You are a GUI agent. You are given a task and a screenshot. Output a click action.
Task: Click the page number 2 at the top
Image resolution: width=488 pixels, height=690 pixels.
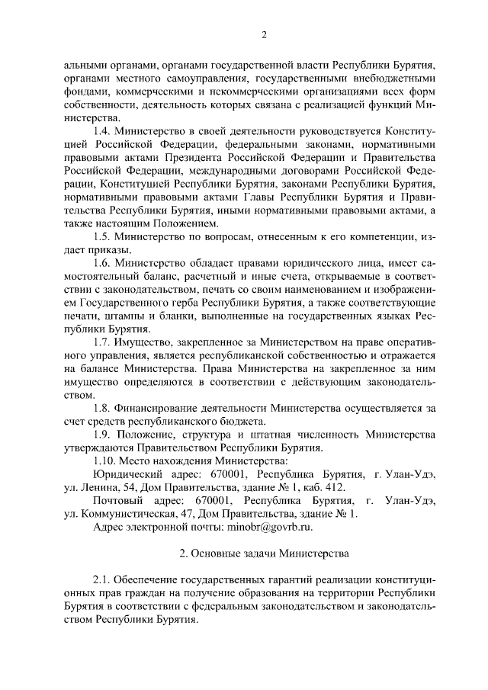tap(264, 34)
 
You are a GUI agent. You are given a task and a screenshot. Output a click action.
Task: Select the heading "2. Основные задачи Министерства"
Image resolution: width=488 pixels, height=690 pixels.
tap(264, 552)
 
